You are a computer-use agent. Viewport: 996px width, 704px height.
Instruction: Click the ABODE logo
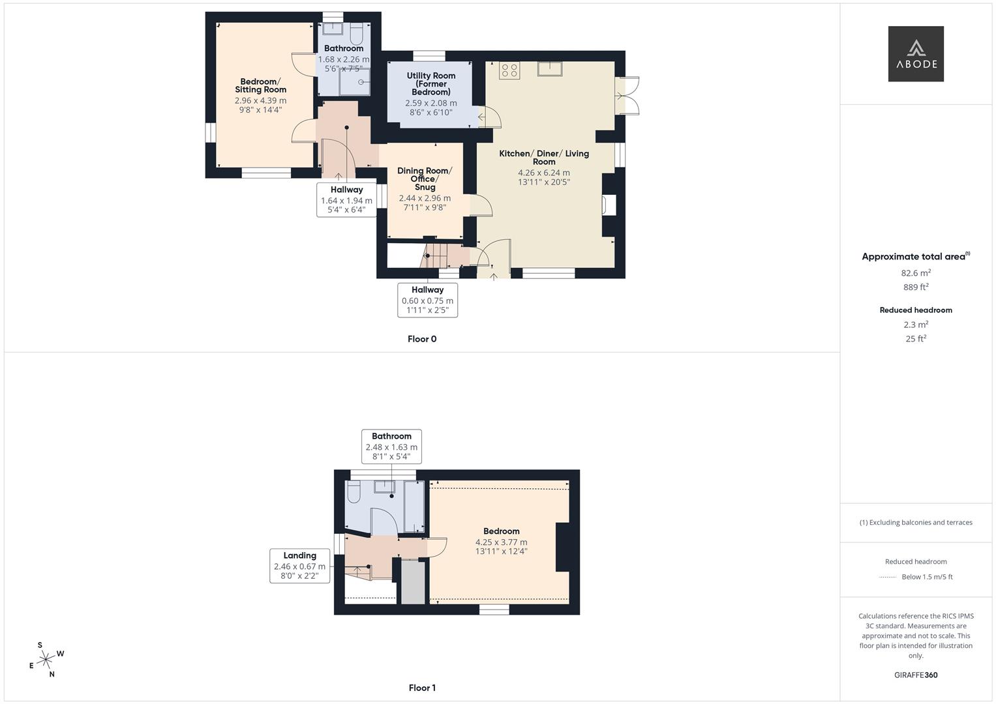(915, 54)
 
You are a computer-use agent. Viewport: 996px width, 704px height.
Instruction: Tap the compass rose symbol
(46, 660)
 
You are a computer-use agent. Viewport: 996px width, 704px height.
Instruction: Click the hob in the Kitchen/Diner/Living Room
(509, 70)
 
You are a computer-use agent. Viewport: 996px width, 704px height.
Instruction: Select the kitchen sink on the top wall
(551, 68)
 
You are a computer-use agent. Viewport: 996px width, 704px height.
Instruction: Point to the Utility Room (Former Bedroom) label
(430, 83)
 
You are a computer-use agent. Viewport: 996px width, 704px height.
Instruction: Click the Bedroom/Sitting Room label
(261, 85)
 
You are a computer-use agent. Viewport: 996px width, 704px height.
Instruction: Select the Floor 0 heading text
(422, 339)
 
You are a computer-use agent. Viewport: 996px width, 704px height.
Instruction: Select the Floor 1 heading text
(422, 688)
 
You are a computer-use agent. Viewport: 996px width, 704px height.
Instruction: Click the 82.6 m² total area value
(915, 273)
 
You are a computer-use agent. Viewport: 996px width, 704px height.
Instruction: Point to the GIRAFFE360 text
(915, 675)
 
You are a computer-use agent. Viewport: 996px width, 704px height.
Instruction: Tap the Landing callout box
(299, 566)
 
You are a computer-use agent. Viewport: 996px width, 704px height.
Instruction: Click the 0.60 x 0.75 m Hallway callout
(427, 300)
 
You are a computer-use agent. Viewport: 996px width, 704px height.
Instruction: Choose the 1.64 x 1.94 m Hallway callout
(346, 199)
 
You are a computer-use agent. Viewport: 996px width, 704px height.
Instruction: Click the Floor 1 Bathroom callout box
(391, 447)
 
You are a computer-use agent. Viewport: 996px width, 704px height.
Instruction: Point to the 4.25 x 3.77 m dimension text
(501, 542)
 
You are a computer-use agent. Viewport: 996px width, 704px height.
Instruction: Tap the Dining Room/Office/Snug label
(424, 179)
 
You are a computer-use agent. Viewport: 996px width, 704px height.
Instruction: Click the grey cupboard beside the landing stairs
(412, 581)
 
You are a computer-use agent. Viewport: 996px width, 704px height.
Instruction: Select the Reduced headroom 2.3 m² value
(915, 325)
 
